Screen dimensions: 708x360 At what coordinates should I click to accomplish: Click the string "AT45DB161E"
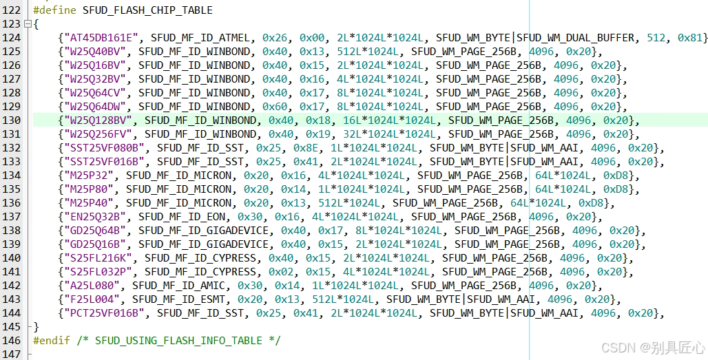[101, 38]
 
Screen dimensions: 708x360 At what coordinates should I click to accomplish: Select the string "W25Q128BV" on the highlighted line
[97, 120]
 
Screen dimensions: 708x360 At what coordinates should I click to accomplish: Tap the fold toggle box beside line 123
[28, 24]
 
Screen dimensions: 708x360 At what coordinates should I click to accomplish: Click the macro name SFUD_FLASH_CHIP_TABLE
[147, 10]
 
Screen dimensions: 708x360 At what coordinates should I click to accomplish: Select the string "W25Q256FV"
[97, 134]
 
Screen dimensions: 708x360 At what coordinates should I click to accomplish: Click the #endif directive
[50, 340]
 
